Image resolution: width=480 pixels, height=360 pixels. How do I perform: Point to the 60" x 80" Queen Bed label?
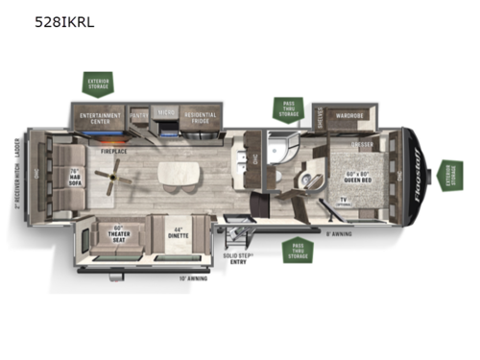tap(362, 178)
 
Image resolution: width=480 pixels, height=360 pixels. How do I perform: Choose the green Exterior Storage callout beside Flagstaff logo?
tap(452, 176)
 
